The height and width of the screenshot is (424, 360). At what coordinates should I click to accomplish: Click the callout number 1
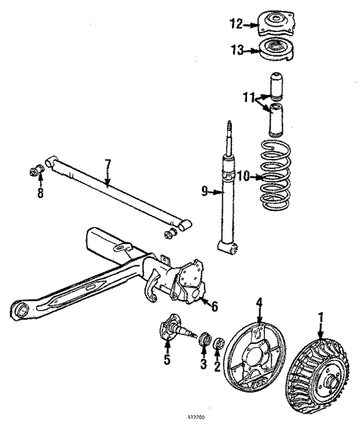tap(319, 320)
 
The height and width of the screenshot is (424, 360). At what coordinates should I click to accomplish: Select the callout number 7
tap(108, 165)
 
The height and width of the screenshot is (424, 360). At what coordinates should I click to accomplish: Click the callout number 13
tap(238, 51)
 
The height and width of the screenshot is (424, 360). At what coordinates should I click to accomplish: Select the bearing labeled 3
tap(205, 339)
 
